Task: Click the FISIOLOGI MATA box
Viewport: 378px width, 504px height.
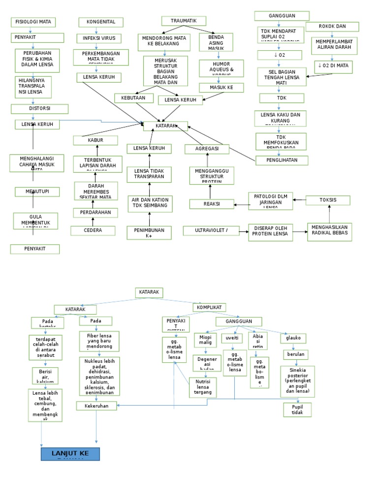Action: coord(33,22)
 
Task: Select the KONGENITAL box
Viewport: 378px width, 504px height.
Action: coord(101,22)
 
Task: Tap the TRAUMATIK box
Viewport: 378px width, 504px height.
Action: coord(184,21)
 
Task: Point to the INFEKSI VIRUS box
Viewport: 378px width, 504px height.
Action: coord(99,38)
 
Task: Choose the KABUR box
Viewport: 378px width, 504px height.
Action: coord(95,141)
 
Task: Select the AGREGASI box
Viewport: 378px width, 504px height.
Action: coord(207,149)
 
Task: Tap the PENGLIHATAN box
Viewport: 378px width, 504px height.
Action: coord(282,160)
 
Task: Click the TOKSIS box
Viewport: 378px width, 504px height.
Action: coord(328,200)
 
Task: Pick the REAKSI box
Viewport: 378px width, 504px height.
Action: coord(212,204)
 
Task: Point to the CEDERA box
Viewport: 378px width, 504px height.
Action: coord(93,230)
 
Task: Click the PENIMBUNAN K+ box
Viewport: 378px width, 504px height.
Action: coord(149,233)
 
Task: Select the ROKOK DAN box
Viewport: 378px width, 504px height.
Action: coord(332,27)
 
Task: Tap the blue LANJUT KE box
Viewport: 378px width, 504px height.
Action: coord(70,454)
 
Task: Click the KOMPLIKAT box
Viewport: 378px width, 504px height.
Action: coord(210,307)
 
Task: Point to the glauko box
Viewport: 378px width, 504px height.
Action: coord(293,338)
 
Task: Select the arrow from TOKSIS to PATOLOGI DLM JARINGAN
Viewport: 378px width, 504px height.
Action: coord(299,200)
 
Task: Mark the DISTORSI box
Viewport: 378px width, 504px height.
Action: coord(37,108)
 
